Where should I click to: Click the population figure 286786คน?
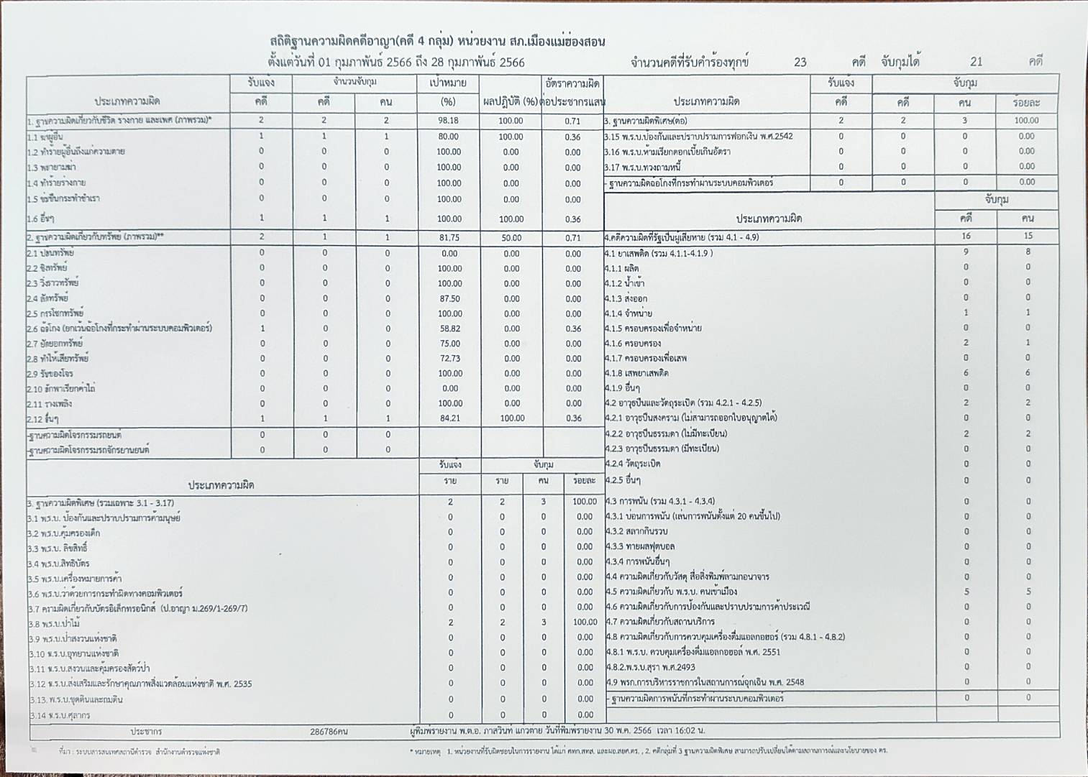click(x=329, y=732)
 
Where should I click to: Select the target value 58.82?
click(x=449, y=328)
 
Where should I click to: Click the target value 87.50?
click(x=449, y=298)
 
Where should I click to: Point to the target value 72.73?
click(x=449, y=359)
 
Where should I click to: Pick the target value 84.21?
click(x=449, y=418)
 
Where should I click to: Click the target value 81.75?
click(x=449, y=237)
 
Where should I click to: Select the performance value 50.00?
click(x=511, y=237)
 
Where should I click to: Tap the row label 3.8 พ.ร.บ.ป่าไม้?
click(x=54, y=623)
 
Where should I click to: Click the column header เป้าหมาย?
click(x=448, y=83)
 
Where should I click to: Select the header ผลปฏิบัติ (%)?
click(x=511, y=102)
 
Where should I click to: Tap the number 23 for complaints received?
click(x=800, y=62)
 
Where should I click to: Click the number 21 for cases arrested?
click(x=976, y=62)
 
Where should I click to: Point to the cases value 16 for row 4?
click(x=966, y=236)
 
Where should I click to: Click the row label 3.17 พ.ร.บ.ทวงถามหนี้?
click(x=642, y=167)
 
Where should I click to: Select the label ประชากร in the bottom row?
click(x=146, y=732)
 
